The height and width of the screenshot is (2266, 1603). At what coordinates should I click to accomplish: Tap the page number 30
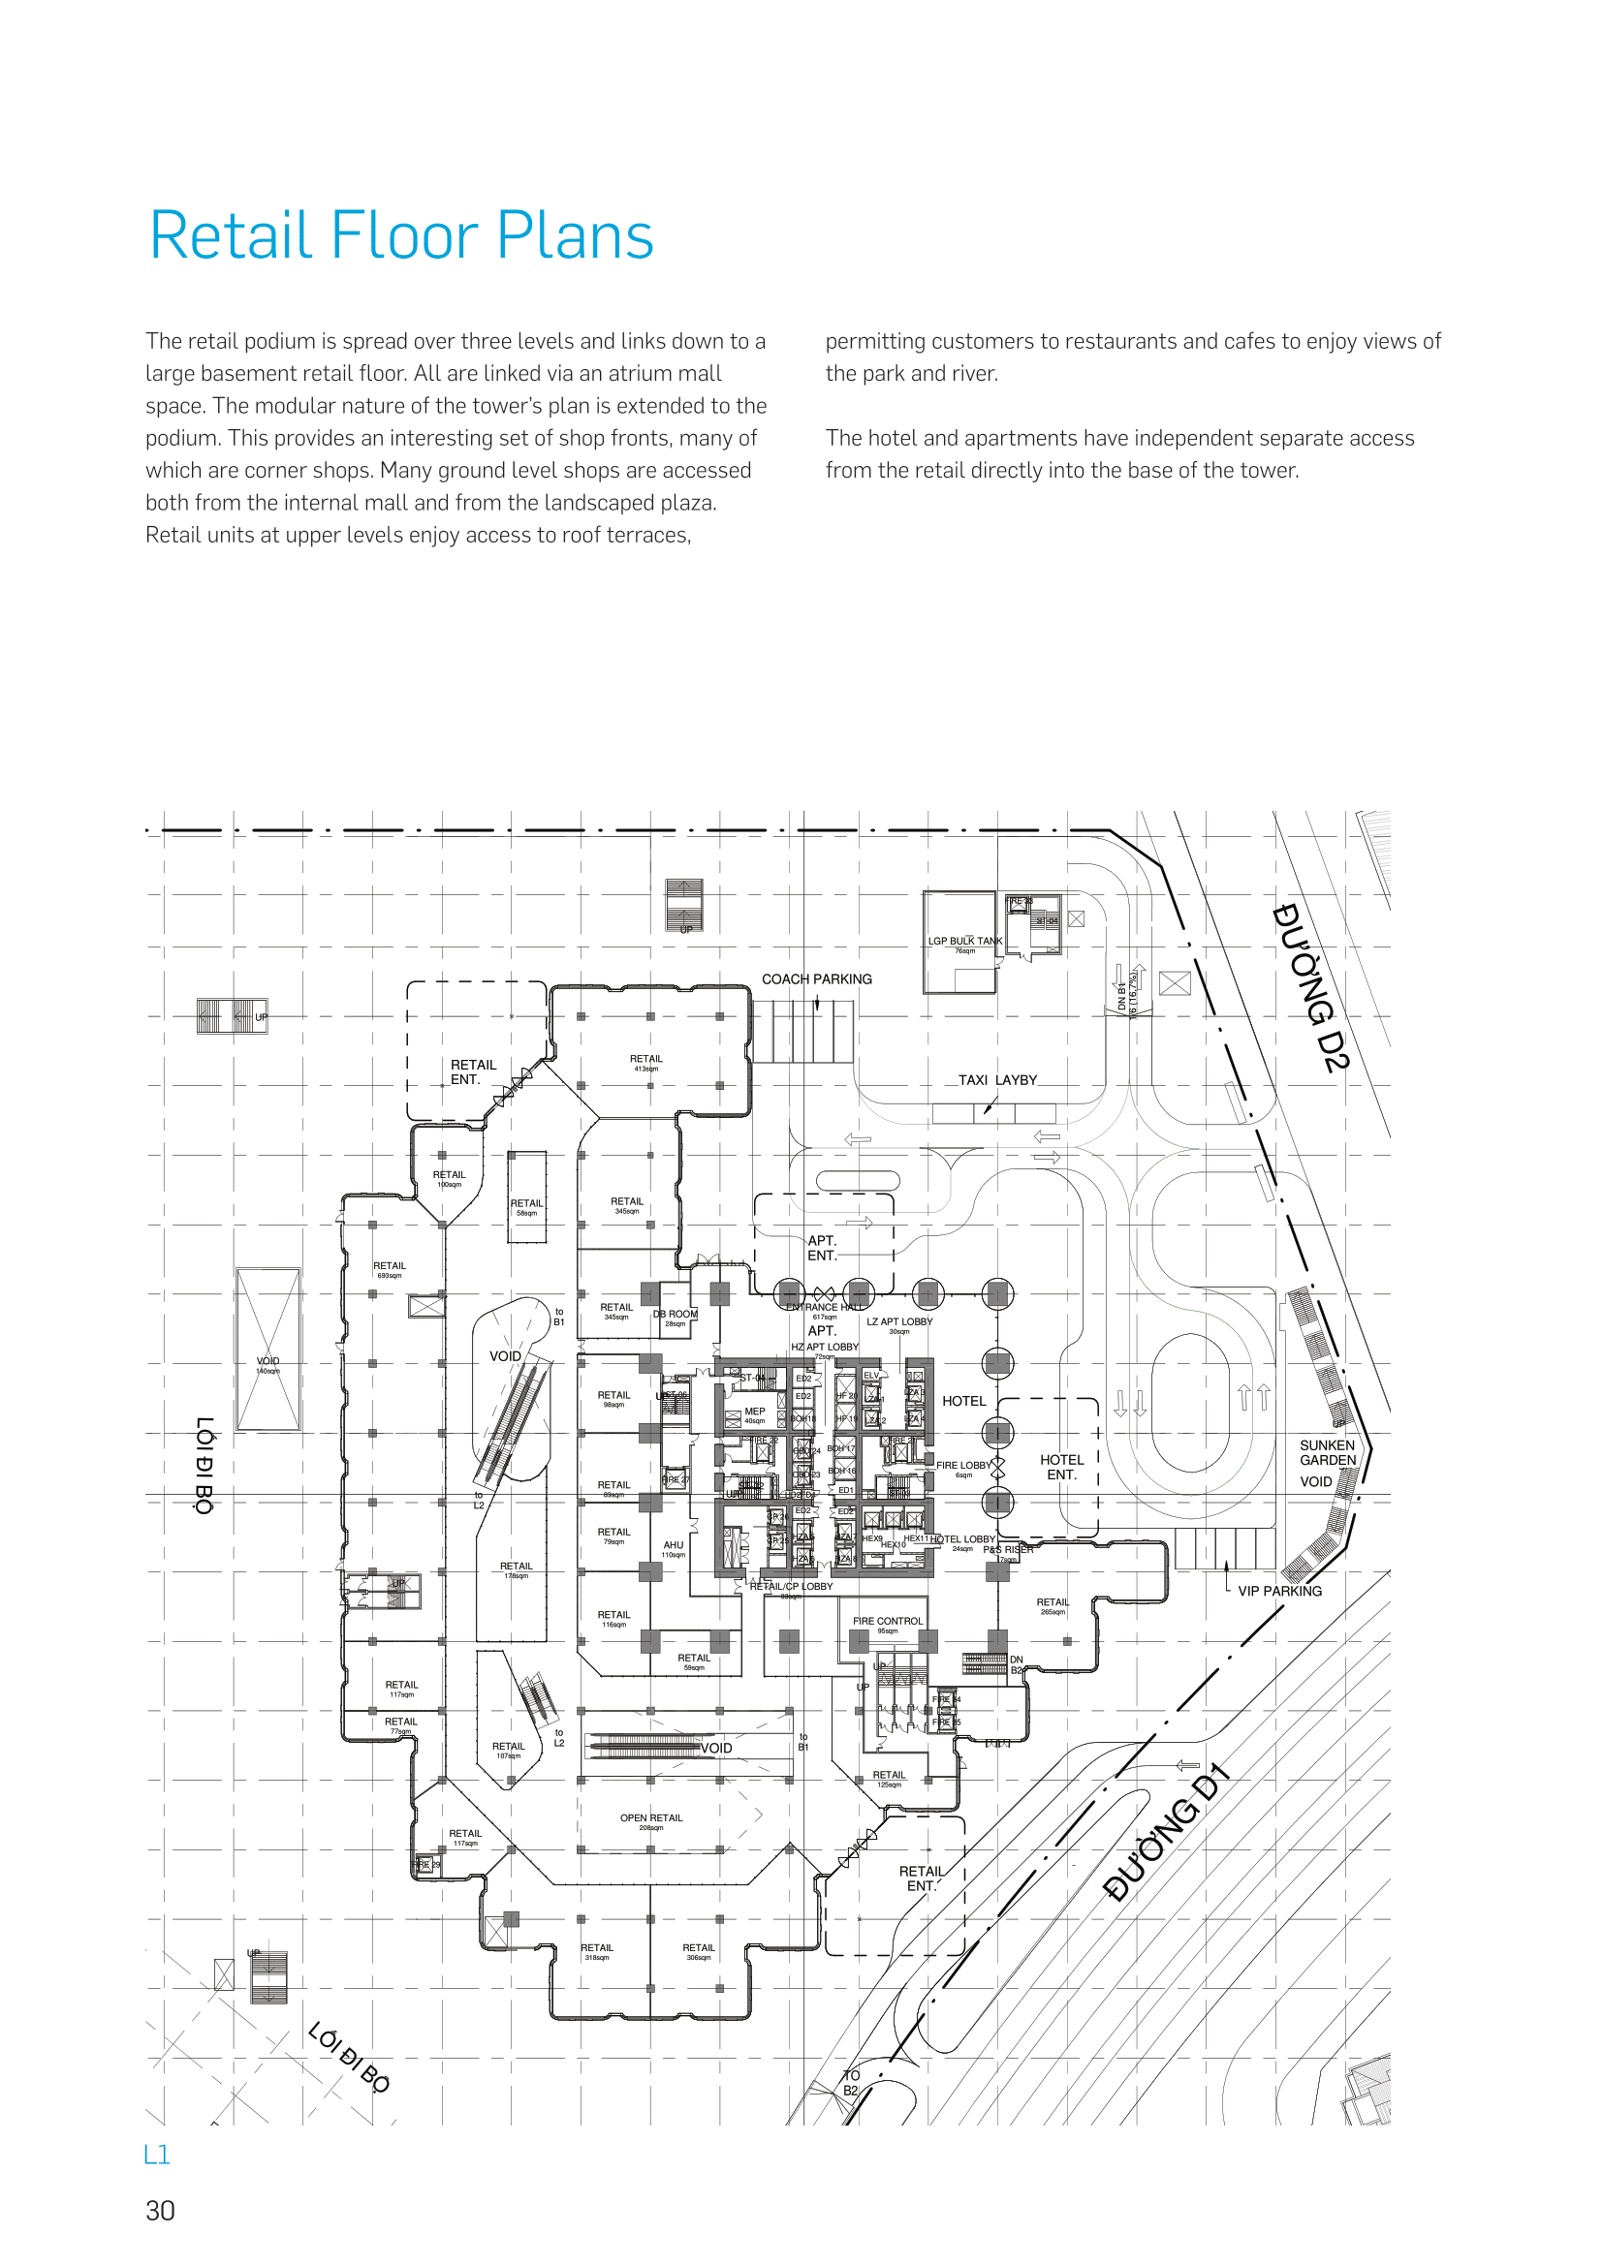pyautogui.click(x=160, y=2211)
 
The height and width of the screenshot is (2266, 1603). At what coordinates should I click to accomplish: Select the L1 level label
pyautogui.click(x=157, y=2155)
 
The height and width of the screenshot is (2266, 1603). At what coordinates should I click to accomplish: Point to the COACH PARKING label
pyautogui.click(x=816, y=979)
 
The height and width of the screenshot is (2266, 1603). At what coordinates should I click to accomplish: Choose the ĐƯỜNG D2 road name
pyautogui.click(x=1310, y=987)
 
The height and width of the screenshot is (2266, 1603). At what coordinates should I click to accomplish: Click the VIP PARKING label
pyautogui.click(x=1279, y=1591)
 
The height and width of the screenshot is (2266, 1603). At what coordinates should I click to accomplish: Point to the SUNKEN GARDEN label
pyautogui.click(x=1327, y=1452)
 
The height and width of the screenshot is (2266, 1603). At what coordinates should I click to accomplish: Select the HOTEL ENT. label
pyautogui.click(x=1061, y=1467)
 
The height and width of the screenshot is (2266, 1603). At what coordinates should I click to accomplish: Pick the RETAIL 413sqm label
pyautogui.click(x=646, y=1062)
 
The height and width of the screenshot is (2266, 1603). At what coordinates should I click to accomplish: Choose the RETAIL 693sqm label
pyautogui.click(x=389, y=1269)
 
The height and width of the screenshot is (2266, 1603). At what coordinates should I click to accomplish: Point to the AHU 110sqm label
pyautogui.click(x=674, y=1548)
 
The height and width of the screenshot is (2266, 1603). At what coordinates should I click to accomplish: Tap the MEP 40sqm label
pyautogui.click(x=755, y=1414)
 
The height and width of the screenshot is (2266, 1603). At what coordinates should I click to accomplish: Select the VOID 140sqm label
pyautogui.click(x=267, y=1364)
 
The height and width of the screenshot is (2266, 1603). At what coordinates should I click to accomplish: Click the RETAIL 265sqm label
pyautogui.click(x=1053, y=1605)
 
